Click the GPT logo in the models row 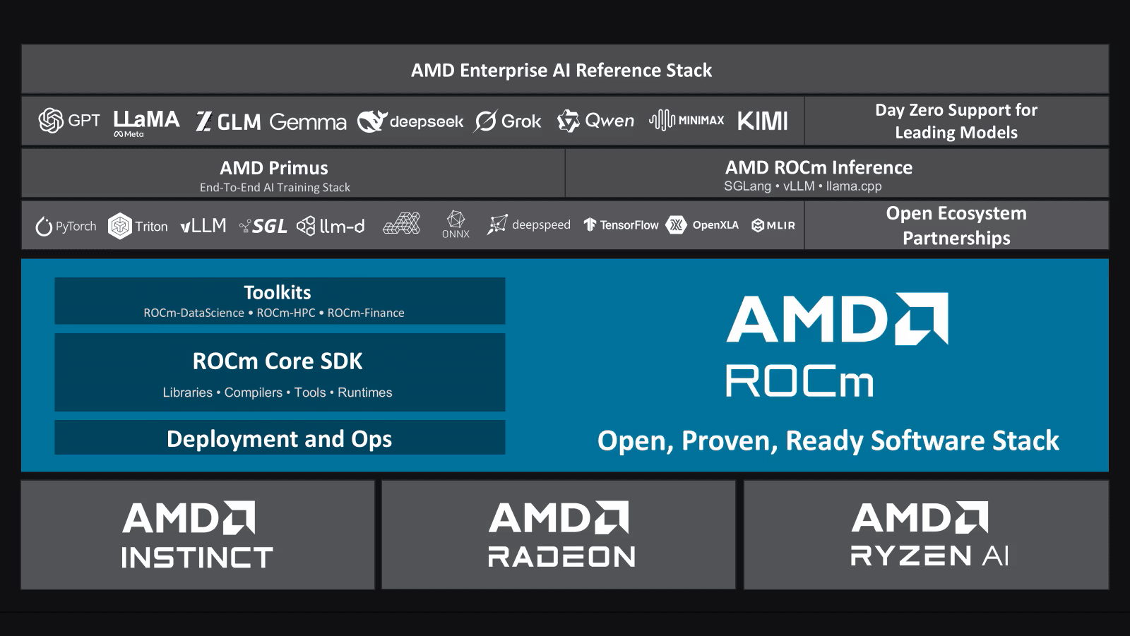pyautogui.click(x=69, y=121)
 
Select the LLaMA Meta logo pyautogui.click(x=146, y=124)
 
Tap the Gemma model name pyautogui.click(x=308, y=121)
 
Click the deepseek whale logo pyautogui.click(x=410, y=121)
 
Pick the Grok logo pyautogui.click(x=507, y=121)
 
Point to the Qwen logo pyautogui.click(x=596, y=121)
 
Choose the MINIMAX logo pyautogui.click(x=686, y=121)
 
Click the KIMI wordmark pyautogui.click(x=762, y=121)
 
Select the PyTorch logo pyautogui.click(x=66, y=226)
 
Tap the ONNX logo pyautogui.click(x=456, y=224)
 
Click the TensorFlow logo pyautogui.click(x=621, y=225)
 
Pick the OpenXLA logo pyautogui.click(x=702, y=225)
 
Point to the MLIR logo pyautogui.click(x=773, y=225)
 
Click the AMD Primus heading pyautogui.click(x=274, y=168)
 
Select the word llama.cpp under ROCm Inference pyautogui.click(x=854, y=186)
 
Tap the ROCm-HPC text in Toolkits pyautogui.click(x=286, y=313)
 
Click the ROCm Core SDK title pyautogui.click(x=278, y=361)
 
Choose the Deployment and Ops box pyautogui.click(x=280, y=438)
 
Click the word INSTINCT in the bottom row pyautogui.click(x=197, y=558)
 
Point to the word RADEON pyautogui.click(x=561, y=557)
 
